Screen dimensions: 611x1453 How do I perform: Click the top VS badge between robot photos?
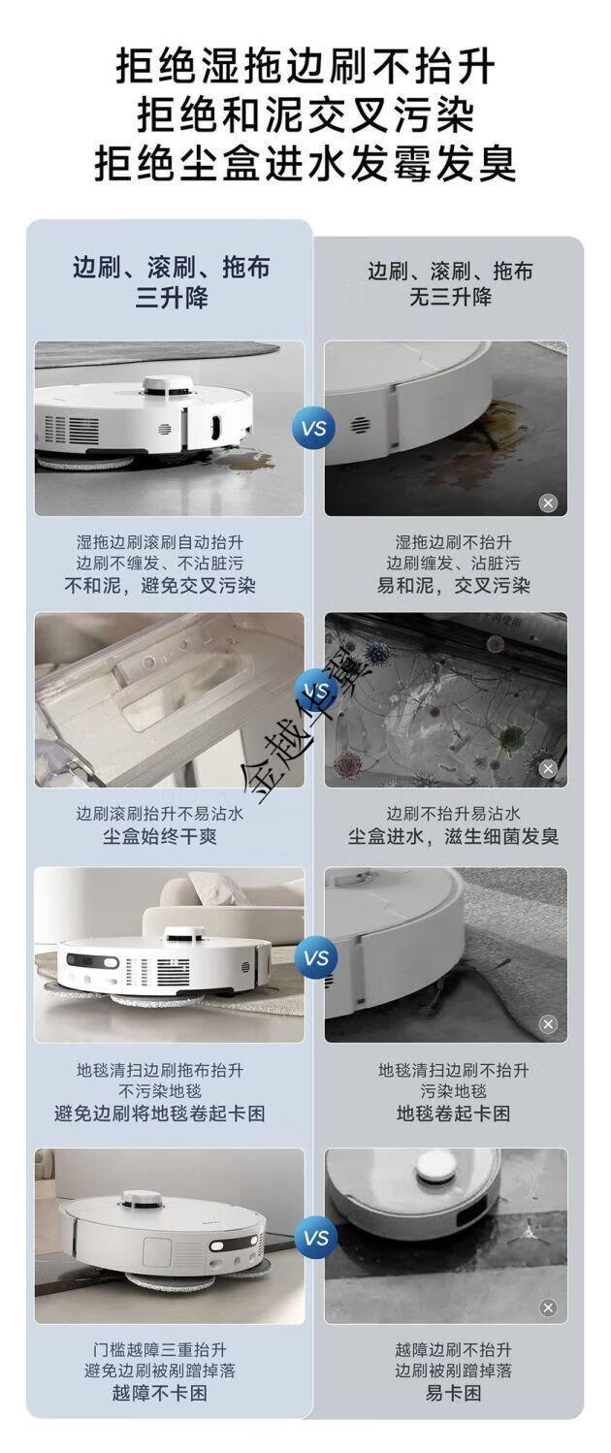click(x=314, y=428)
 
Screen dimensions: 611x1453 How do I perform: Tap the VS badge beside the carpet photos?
click(x=316, y=957)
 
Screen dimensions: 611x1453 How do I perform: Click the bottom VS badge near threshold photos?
click(x=316, y=1238)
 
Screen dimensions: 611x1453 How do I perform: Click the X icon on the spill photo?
click(x=548, y=502)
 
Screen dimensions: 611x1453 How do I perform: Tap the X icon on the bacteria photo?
click(x=548, y=768)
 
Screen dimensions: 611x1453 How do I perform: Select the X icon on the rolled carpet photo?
click(x=548, y=1024)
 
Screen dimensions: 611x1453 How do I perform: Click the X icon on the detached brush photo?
click(x=548, y=1308)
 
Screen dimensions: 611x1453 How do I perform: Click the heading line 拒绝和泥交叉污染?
click(x=305, y=115)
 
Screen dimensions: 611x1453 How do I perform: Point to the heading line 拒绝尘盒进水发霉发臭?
click(x=305, y=164)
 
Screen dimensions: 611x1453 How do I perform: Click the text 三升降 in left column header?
click(x=172, y=299)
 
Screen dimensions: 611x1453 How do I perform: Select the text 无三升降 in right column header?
click(x=450, y=297)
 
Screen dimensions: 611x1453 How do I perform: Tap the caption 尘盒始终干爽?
click(x=160, y=836)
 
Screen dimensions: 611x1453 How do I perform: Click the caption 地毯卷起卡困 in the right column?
click(x=453, y=1114)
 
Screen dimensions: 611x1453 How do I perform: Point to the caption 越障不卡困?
click(x=160, y=1393)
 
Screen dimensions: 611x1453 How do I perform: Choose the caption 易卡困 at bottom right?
click(x=453, y=1393)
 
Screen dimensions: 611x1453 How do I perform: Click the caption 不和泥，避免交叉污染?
click(x=160, y=586)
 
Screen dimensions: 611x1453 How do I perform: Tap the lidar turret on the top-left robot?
click(x=169, y=385)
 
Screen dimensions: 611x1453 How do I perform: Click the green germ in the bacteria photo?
click(x=512, y=736)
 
